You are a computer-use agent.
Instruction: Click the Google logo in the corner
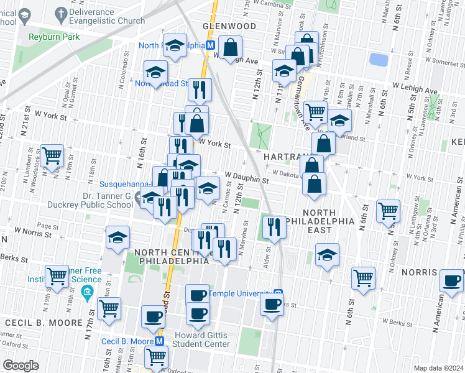coord(21,365)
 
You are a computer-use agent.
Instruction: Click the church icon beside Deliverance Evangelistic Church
coord(62,12)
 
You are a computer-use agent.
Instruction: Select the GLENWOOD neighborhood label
coord(229,27)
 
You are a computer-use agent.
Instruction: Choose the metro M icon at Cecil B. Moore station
coord(159,341)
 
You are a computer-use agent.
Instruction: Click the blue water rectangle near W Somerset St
coord(377,60)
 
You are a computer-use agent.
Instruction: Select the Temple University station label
coord(241,293)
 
